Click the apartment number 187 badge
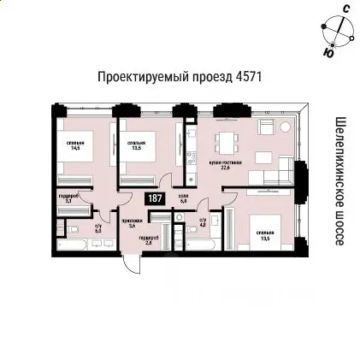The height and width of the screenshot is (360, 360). point(155,198)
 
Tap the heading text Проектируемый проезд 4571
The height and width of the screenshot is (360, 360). point(180,77)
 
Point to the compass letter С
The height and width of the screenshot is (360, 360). point(345,9)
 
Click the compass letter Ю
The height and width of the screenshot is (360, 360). point(328,53)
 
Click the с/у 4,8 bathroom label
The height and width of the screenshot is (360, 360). point(203,222)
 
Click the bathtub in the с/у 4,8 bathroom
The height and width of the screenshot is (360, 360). point(203,245)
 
